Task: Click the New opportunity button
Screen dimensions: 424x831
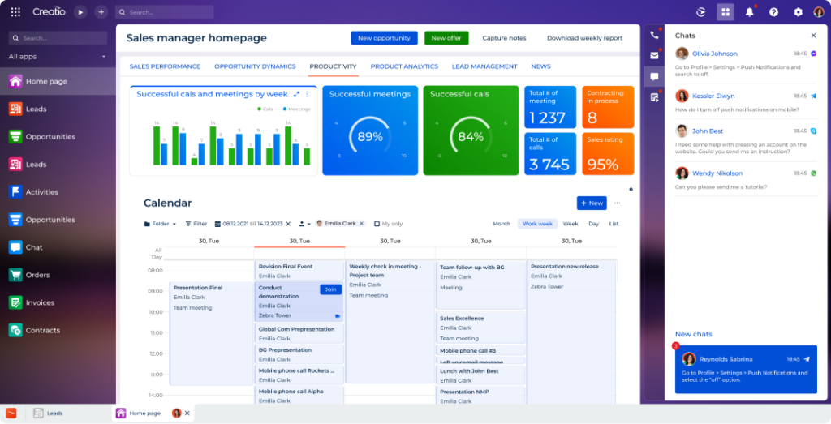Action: tap(384, 38)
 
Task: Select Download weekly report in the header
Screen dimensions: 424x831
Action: tap(584, 38)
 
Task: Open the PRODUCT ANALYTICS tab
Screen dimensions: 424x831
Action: tap(404, 66)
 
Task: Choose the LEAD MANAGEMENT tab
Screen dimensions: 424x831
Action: tap(484, 66)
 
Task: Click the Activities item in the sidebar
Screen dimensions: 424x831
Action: tap(41, 192)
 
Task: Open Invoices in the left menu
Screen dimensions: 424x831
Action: tap(40, 302)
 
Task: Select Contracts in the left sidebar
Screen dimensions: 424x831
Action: tap(42, 330)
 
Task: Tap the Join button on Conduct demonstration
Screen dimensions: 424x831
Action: tap(329, 289)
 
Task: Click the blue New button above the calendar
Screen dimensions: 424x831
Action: tap(591, 203)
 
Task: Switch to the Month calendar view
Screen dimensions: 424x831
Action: tap(502, 224)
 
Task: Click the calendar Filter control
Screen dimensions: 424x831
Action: tap(196, 224)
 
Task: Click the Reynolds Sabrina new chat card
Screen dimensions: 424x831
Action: tap(745, 369)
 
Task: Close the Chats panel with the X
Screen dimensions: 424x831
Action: tap(813, 36)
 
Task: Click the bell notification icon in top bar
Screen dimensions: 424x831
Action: tap(749, 12)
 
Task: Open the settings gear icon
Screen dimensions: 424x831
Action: tap(798, 12)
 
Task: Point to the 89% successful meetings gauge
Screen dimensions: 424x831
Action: tap(370, 137)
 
